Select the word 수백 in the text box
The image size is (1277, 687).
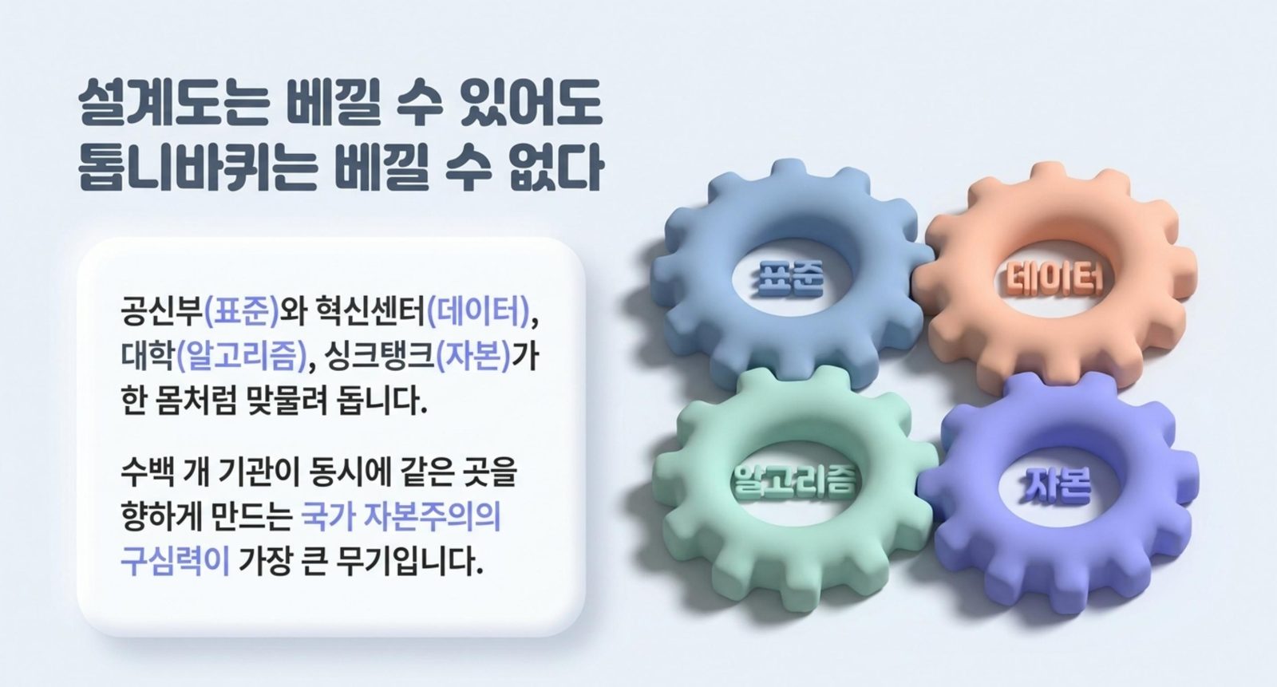148,472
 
